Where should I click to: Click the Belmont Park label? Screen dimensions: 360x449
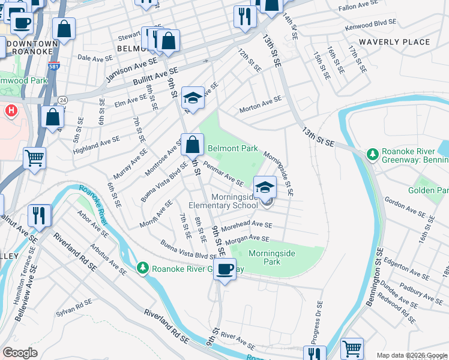[x=232, y=148]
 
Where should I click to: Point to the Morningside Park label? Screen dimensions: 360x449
[x=272, y=257]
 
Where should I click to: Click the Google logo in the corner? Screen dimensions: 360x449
[x=20, y=353]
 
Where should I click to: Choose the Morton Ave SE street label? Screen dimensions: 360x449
[x=260, y=105]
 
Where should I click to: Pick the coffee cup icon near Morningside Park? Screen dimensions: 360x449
[x=226, y=270]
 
